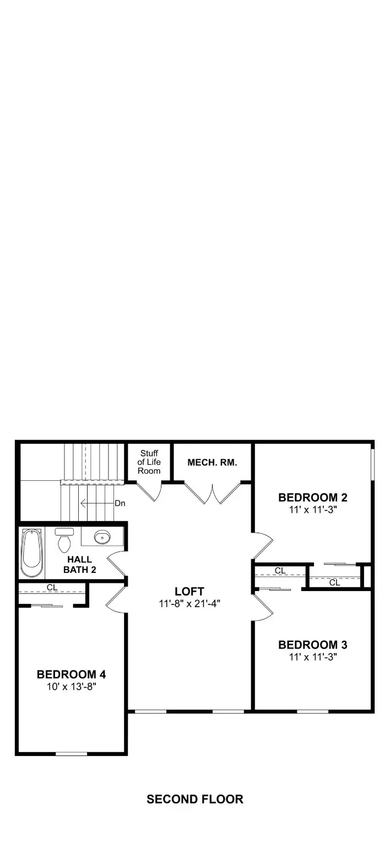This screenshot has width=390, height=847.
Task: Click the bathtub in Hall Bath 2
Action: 31,551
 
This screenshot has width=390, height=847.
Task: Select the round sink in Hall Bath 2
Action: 102,536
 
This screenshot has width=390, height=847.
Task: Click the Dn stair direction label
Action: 120,503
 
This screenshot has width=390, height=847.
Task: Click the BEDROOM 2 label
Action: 313,497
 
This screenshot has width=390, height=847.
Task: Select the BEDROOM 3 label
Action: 313,645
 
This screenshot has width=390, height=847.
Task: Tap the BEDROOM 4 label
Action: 71,674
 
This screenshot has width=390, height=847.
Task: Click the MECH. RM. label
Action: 212,463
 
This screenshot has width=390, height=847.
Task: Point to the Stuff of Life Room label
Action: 149,462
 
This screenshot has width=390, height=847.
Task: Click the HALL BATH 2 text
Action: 79,565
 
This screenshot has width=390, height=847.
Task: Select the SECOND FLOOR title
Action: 195,799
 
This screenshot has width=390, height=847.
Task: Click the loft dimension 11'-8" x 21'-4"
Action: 189,604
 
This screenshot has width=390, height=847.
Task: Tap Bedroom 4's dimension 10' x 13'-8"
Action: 71,686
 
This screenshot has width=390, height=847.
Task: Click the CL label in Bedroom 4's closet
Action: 52,587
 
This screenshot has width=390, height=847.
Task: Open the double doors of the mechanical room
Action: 212,492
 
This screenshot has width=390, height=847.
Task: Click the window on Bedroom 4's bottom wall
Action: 71,753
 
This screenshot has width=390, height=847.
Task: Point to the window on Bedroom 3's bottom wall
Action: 313,711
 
